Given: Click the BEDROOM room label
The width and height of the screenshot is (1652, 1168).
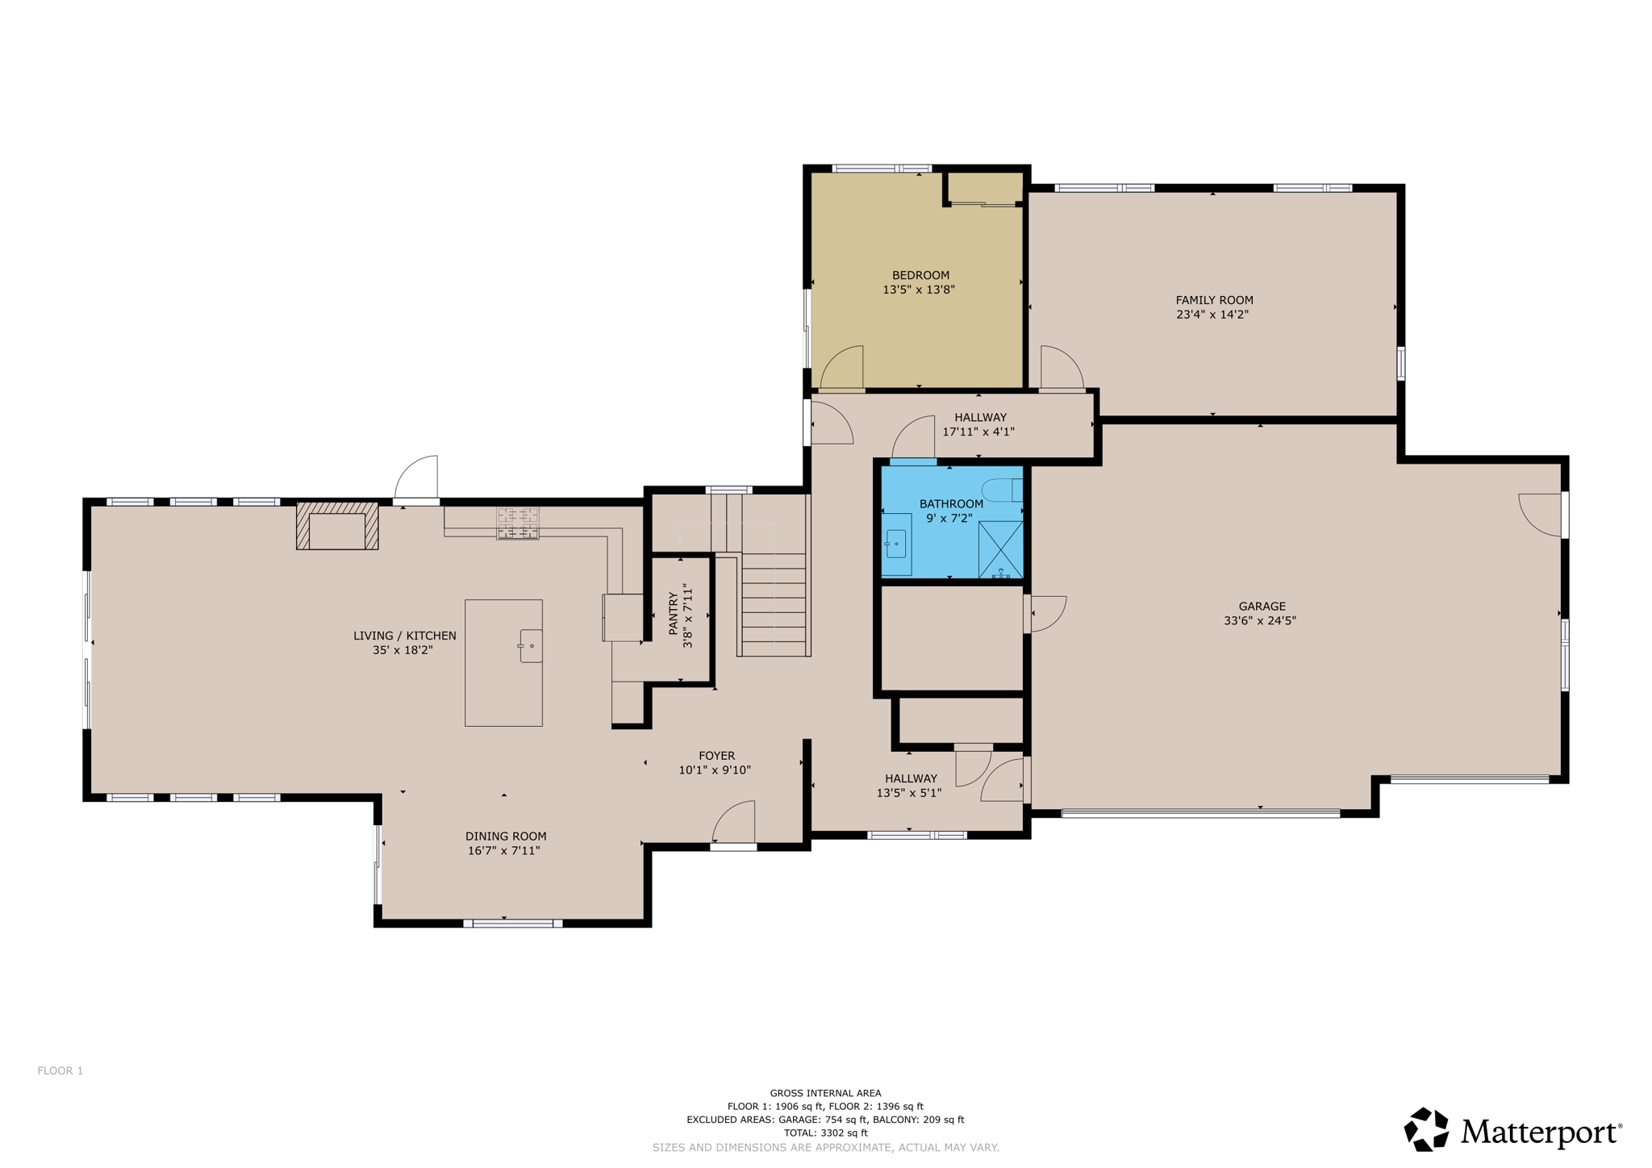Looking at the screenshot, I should click(x=920, y=275).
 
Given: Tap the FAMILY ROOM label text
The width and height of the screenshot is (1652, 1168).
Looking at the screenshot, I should click(x=1213, y=300).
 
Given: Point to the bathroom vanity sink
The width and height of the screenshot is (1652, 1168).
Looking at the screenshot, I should click(x=895, y=544).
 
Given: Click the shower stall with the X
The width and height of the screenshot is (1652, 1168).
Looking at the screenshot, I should click(x=1000, y=549).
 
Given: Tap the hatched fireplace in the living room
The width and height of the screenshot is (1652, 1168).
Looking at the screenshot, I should click(x=337, y=526).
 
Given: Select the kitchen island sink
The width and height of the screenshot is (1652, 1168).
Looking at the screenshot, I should click(x=530, y=646).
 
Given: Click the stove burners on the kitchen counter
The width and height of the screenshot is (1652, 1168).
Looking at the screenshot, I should click(x=517, y=523).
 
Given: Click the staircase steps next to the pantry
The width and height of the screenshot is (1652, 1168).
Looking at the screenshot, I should click(x=773, y=605).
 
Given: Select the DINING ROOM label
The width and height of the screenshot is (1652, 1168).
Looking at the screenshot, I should click(x=505, y=836).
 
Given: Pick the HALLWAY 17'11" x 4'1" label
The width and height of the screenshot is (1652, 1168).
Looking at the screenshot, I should click(x=979, y=424).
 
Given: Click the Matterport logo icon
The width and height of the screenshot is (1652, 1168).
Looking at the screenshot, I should click(x=1425, y=1129).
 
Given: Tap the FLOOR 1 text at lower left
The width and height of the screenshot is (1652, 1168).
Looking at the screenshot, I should click(x=60, y=1070).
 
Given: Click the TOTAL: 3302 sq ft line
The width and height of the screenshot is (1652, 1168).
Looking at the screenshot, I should click(x=825, y=1133).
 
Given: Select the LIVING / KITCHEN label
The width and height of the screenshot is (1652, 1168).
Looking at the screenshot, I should click(x=404, y=636).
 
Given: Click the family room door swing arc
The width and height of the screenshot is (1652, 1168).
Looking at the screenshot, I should click(x=1061, y=368).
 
